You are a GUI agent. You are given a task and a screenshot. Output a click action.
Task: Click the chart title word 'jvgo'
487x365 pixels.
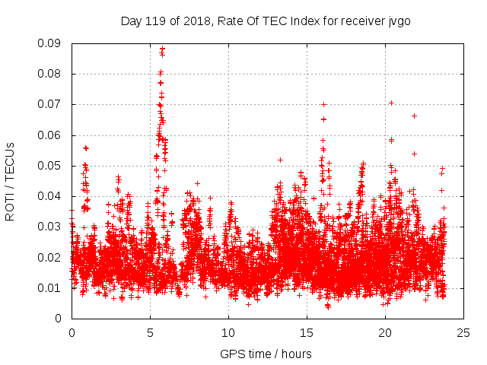pos(398,21)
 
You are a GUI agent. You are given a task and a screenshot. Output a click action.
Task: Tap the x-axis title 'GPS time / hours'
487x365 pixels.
pos(266,354)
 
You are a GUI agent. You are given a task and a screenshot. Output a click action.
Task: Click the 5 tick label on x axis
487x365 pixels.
pos(150,332)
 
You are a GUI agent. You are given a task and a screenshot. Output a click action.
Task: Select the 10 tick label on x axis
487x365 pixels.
pos(228,332)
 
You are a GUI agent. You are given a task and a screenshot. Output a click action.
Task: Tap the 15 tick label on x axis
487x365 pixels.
pos(307,332)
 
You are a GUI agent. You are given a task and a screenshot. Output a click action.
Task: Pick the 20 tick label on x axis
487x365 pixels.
pos(385,332)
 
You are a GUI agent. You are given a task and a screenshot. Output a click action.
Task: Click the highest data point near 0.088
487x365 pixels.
pos(162,49)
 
